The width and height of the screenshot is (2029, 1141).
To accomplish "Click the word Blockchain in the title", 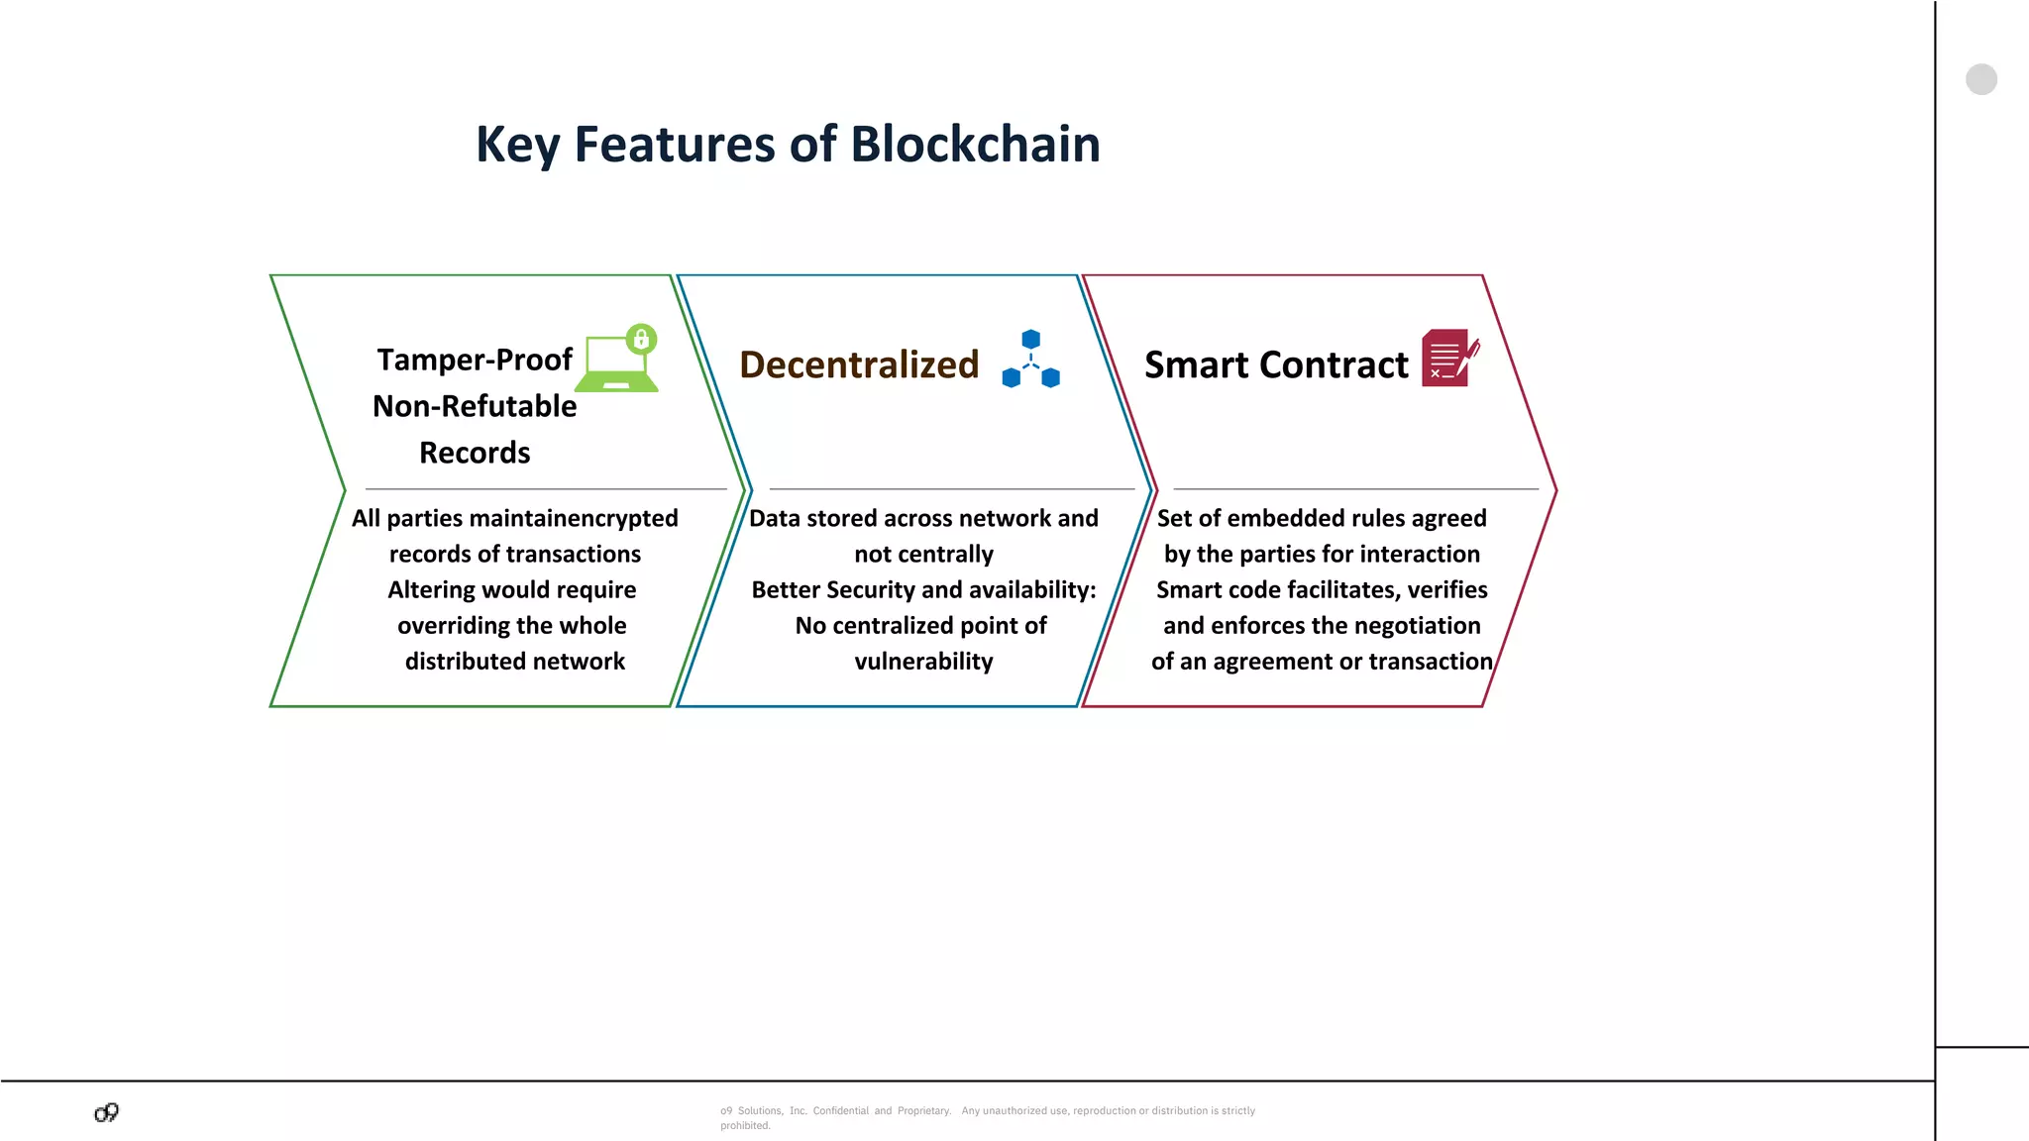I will [x=975, y=145].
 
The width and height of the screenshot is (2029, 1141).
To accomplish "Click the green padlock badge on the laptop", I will [x=641, y=339].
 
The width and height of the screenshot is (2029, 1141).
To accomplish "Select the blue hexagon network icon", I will [x=1030, y=359].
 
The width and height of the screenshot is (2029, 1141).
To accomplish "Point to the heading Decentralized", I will [x=859, y=364].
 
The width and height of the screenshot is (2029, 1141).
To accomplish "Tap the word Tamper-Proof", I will [x=475, y=360].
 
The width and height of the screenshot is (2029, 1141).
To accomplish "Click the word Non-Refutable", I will [x=475, y=406].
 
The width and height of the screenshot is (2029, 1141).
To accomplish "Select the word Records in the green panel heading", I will [x=475, y=453].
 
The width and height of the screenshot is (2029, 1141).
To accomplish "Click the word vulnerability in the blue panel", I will [x=923, y=662].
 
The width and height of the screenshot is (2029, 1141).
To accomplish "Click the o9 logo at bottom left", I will [x=107, y=1112].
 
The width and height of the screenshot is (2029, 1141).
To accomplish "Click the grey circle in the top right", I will [x=1980, y=79].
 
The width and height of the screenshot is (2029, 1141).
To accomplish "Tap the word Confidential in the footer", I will [x=840, y=1111].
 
